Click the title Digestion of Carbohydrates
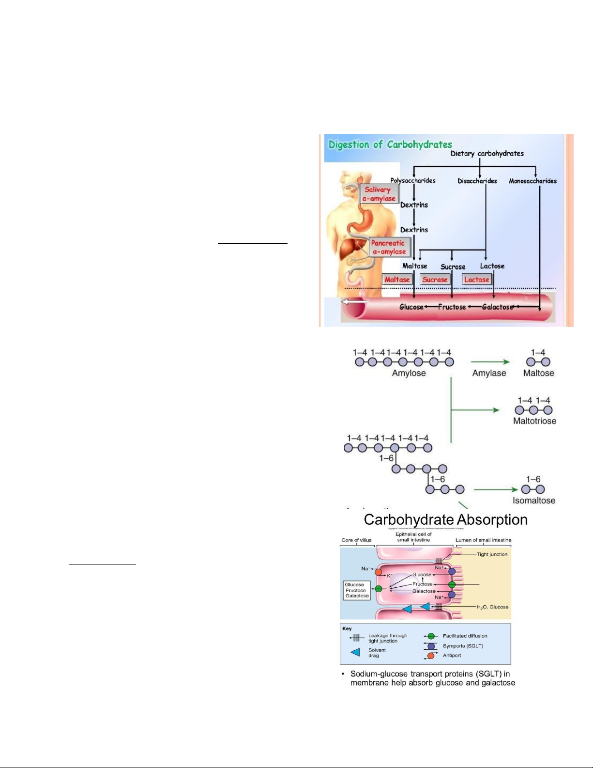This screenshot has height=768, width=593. click(390, 144)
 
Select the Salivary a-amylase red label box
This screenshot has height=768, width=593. click(379, 194)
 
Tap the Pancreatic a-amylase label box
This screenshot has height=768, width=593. click(389, 247)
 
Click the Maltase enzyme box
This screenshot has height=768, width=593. click(397, 280)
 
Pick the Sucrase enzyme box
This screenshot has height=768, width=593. click(435, 280)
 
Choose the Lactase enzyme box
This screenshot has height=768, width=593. click(476, 280)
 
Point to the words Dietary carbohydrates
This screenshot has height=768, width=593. click(487, 154)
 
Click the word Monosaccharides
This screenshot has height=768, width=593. click(532, 181)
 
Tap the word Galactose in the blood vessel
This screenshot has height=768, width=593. click(498, 307)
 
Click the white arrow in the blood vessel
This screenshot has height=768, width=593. click(354, 302)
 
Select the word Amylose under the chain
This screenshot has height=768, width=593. click(409, 373)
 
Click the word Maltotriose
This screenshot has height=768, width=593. click(534, 421)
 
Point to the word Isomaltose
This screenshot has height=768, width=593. click(534, 501)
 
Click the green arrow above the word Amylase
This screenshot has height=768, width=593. click(490, 361)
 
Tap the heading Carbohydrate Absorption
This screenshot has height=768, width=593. click(445, 520)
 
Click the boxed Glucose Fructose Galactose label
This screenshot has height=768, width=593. click(356, 590)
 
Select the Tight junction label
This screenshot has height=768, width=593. click(492, 554)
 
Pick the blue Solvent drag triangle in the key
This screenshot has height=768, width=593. click(356, 652)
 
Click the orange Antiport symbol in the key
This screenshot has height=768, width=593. click(430, 656)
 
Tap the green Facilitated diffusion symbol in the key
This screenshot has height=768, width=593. click(430, 636)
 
